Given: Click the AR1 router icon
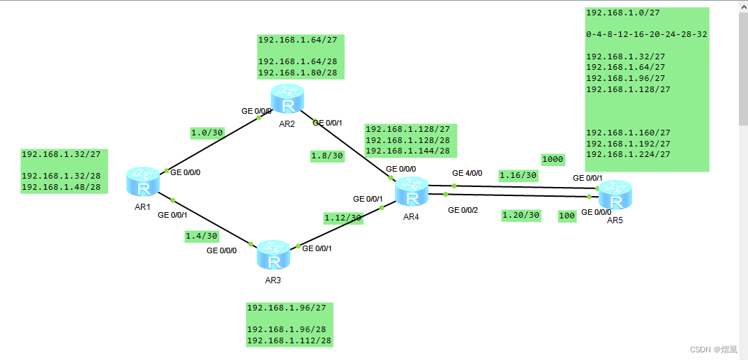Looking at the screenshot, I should click(x=143, y=181).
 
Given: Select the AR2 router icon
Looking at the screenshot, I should click(x=288, y=98).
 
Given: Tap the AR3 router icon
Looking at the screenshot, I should click(x=274, y=255).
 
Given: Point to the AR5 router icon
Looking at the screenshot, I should click(x=615, y=195).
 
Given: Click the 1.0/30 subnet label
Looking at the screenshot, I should click(x=206, y=132).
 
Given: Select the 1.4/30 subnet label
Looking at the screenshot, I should click(x=201, y=237).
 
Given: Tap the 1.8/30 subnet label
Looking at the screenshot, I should click(x=327, y=156).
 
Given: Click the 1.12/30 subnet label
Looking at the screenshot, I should click(x=343, y=218).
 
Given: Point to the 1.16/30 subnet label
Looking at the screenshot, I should click(x=518, y=175).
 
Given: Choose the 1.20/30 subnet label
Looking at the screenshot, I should click(x=521, y=216).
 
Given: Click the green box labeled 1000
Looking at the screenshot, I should click(x=553, y=159).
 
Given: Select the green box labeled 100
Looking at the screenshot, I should click(x=567, y=216).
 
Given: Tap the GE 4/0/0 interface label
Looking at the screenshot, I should click(x=467, y=173).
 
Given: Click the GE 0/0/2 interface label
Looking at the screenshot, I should click(x=463, y=209).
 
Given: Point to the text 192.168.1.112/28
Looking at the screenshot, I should click(x=289, y=340).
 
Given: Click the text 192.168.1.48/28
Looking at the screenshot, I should click(x=61, y=187).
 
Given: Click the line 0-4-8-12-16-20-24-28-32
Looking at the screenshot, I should click(x=646, y=33).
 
